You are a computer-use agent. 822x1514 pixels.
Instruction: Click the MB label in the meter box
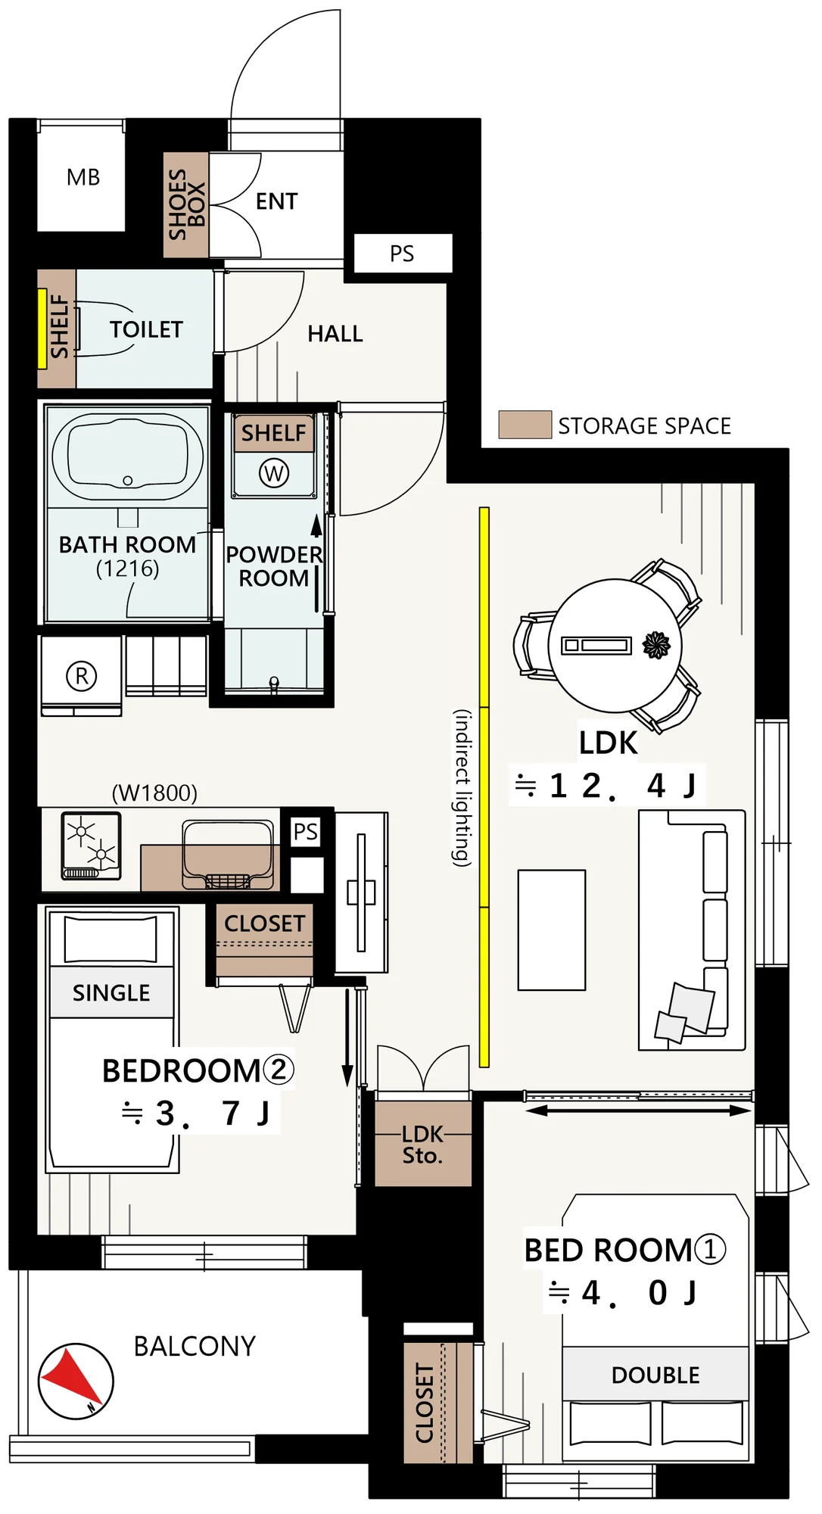(83, 177)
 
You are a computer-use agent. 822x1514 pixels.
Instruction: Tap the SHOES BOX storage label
(186, 204)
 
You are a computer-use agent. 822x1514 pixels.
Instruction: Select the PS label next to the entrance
(402, 254)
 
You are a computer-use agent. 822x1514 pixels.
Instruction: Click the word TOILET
(146, 329)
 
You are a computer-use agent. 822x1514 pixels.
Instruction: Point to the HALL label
(335, 334)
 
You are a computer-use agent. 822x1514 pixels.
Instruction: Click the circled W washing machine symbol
(274, 474)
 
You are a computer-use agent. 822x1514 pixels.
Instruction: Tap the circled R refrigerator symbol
(82, 675)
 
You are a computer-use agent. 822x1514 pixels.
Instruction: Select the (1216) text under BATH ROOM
(127, 569)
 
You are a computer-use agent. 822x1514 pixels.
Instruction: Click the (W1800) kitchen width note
(154, 793)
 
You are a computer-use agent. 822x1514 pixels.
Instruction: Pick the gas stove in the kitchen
(92, 846)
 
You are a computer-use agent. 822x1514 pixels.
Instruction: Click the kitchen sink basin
(228, 855)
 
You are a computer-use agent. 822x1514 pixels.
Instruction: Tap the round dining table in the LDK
(615, 646)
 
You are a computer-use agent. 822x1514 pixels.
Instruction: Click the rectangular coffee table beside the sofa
(552, 930)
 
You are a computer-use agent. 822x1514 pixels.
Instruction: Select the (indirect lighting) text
(462, 788)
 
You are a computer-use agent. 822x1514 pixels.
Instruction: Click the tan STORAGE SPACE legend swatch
(525, 425)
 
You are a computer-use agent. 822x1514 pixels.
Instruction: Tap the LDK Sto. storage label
(423, 1145)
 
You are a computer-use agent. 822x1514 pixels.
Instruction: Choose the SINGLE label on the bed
(111, 992)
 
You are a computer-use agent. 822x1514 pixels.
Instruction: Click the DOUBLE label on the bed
(655, 1375)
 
